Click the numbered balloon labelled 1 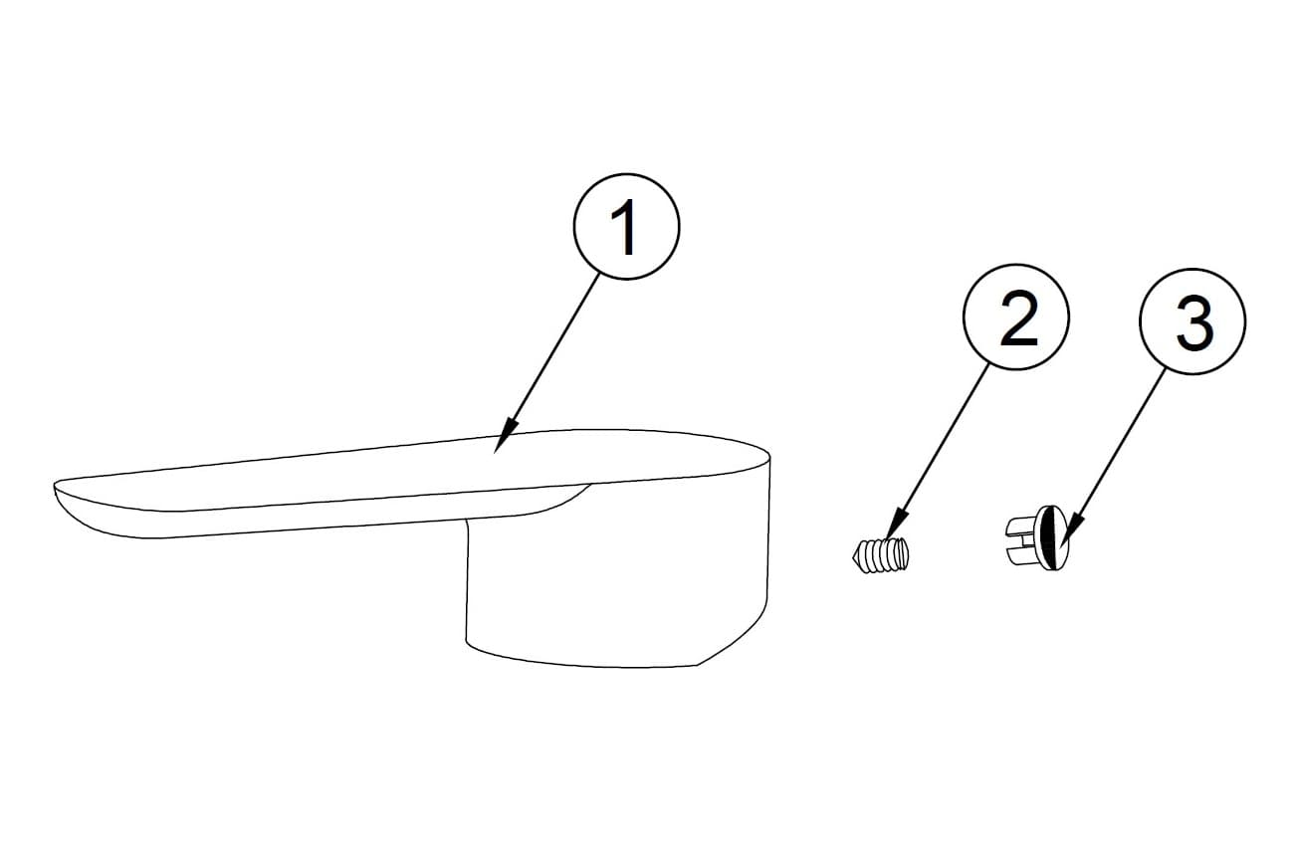point(626,226)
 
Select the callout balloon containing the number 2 point(1016,317)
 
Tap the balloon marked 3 point(1192,321)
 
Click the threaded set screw point(880,555)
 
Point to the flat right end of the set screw point(906,552)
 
